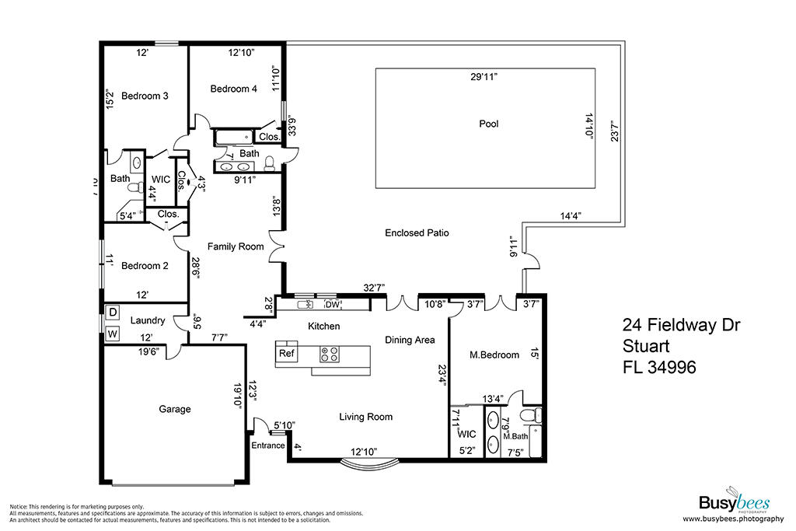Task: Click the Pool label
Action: (x=488, y=124)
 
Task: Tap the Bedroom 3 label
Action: (x=145, y=96)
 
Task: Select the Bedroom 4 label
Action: (x=233, y=89)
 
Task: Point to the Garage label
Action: (x=175, y=409)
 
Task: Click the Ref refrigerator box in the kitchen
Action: (x=286, y=353)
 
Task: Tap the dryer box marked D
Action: (x=112, y=312)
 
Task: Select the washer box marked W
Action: (x=112, y=334)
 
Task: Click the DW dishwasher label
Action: (x=332, y=305)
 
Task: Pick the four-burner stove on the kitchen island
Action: (x=330, y=355)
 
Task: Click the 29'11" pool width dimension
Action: (x=484, y=77)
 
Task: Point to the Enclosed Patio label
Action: (x=417, y=233)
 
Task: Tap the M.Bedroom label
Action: (x=494, y=355)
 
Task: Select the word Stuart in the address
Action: (x=646, y=346)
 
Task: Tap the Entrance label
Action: (x=268, y=445)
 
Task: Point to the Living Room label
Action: (x=365, y=417)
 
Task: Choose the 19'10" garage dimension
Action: (x=237, y=394)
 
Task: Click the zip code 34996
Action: (x=672, y=367)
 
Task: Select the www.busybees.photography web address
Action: (x=733, y=519)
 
